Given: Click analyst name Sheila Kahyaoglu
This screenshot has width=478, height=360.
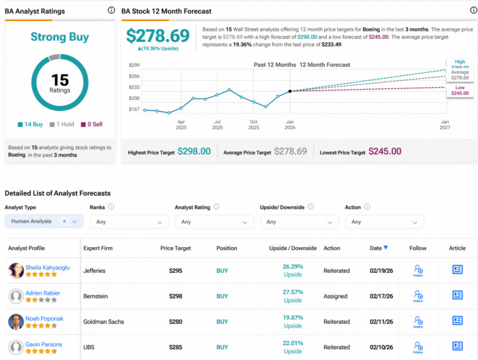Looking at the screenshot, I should tap(47, 267).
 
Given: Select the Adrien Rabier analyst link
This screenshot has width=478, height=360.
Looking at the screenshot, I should tap(42, 293).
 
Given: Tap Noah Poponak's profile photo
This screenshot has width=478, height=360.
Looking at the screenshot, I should tap(16, 322).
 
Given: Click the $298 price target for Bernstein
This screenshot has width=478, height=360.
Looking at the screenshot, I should tap(175, 296).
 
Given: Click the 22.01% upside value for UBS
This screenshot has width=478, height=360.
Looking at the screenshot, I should tap(293, 343).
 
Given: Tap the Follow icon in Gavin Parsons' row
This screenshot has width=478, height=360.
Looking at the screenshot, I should tap(418, 346).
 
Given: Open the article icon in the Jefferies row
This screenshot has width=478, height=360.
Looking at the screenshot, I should tap(458, 270).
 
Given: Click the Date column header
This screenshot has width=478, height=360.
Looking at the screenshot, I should tap(378, 248).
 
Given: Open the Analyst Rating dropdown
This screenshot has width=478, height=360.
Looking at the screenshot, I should tap(214, 221).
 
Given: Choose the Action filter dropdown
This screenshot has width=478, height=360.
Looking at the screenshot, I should tap(384, 221).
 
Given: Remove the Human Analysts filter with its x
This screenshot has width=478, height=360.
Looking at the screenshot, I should tap(65, 221).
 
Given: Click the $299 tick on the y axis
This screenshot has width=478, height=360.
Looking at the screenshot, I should tap(134, 65).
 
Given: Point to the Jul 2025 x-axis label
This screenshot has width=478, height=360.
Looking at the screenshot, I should tap(217, 125).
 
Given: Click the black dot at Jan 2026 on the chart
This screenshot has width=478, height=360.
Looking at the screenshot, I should tap(290, 91).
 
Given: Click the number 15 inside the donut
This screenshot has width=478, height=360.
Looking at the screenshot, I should tap(60, 79).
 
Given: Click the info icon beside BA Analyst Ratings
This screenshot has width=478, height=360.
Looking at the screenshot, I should tap(111, 10).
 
